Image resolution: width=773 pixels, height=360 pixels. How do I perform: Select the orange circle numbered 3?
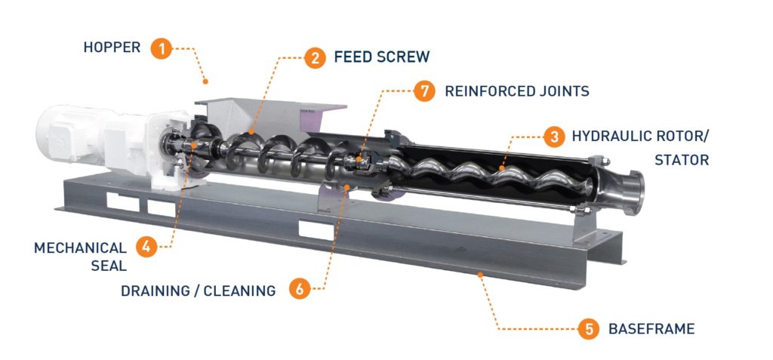pos(555,137)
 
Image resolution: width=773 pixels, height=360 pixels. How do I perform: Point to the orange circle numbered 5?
pos(588,329)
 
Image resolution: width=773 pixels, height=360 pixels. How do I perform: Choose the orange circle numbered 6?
pos(299,289)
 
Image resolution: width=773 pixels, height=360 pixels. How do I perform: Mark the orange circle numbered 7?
pos(426,91)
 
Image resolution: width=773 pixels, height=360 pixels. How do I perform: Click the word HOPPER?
pos(112,48)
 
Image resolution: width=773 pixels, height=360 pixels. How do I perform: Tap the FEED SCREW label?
pos(381,57)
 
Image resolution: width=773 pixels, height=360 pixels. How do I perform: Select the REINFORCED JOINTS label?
pos(516,91)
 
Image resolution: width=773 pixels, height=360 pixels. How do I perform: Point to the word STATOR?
pos(682,160)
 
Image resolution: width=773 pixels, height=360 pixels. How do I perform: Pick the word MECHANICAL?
pos(80,248)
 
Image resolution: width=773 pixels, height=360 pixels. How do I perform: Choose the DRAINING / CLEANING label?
pos(198,291)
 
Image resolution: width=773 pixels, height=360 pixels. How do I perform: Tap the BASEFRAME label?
pos(651,329)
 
